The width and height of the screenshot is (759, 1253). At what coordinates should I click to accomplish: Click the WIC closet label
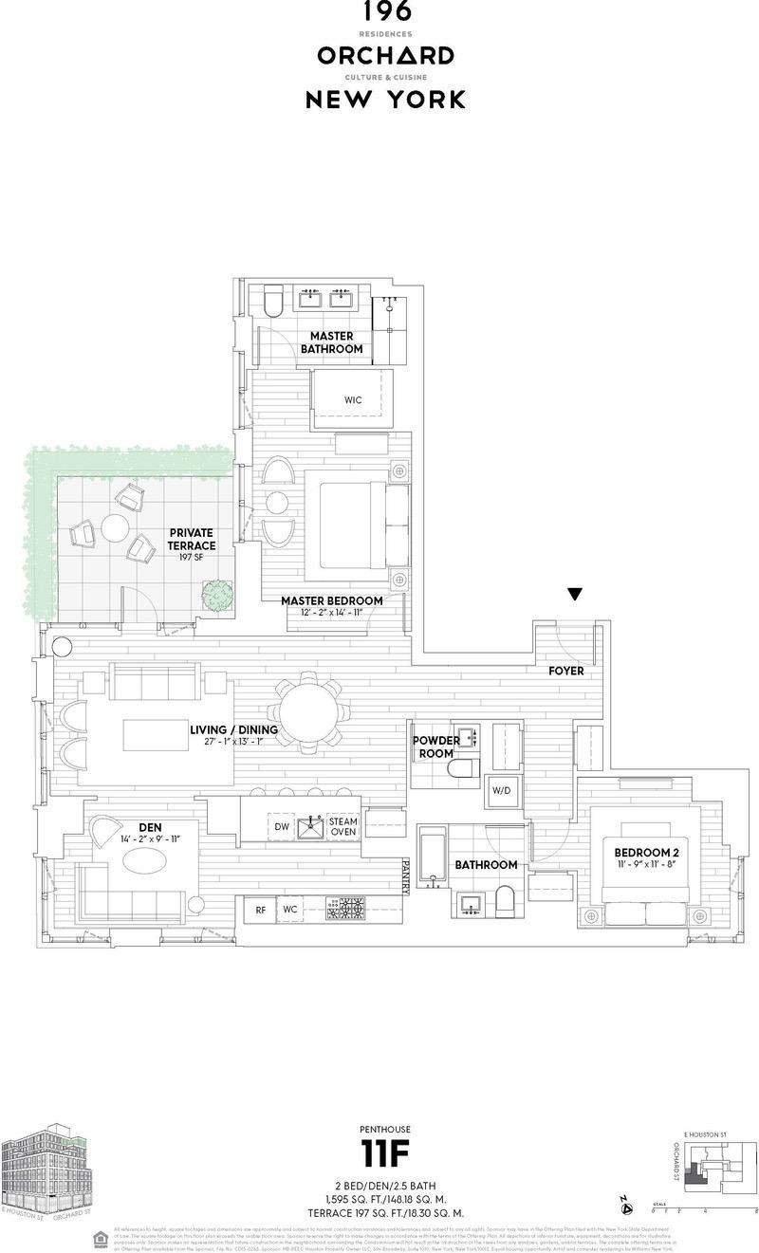click(353, 400)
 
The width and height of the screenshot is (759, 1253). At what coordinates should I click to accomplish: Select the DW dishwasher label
click(282, 827)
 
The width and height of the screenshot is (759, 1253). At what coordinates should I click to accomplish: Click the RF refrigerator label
click(260, 910)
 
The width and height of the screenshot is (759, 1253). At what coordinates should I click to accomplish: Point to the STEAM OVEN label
click(342, 826)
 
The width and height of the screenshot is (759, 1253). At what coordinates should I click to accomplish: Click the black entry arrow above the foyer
click(574, 595)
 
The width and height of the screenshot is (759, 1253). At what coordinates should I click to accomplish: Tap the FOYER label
click(566, 671)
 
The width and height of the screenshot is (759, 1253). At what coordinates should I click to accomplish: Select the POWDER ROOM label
click(435, 746)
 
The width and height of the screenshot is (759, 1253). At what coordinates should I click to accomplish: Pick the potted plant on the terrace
click(217, 595)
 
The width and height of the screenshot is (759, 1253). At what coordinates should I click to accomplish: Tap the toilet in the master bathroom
click(273, 302)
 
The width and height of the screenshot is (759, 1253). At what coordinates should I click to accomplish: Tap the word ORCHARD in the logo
click(385, 56)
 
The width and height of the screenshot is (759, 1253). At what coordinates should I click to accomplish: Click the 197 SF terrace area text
click(191, 559)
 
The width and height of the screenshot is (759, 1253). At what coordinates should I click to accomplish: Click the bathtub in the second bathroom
click(433, 858)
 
